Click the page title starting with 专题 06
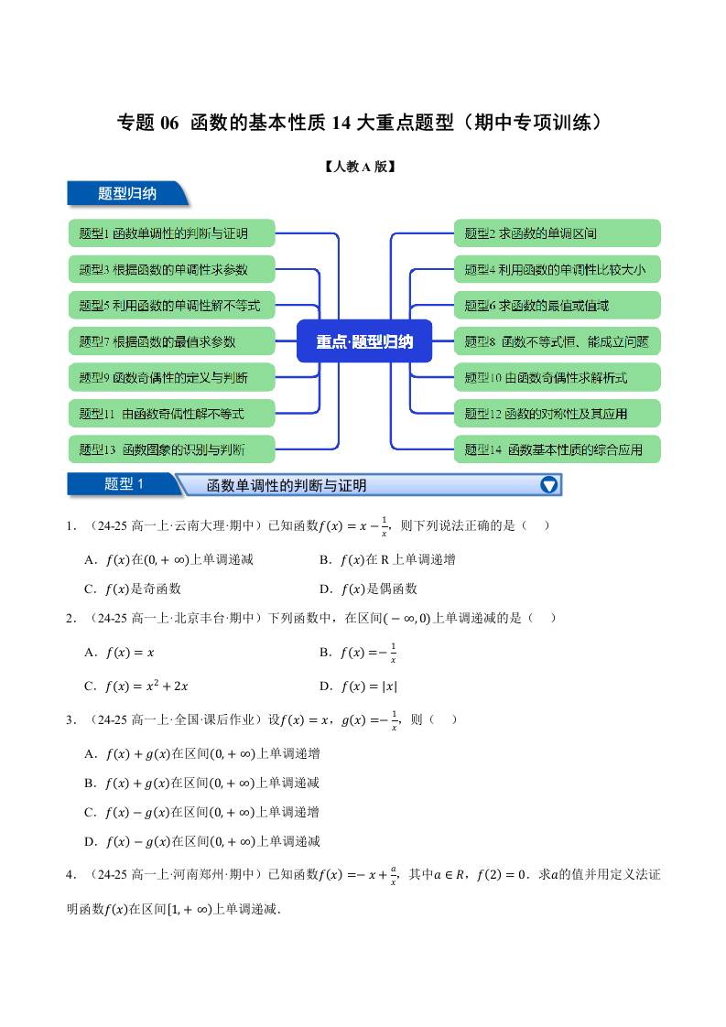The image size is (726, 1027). coord(363,123)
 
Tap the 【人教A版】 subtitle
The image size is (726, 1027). coord(363,167)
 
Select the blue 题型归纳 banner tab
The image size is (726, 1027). coord(127,193)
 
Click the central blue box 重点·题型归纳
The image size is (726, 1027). coord(364,341)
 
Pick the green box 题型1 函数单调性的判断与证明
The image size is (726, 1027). coord(171,233)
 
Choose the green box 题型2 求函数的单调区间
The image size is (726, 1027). coord(557,233)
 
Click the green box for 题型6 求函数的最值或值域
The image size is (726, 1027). coord(557,306)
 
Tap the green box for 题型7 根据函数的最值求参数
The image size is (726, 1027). coord(171,341)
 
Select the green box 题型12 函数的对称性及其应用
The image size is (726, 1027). coord(557,414)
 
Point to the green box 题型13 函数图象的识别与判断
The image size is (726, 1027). coord(171,449)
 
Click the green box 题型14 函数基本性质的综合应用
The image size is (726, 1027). coord(557,449)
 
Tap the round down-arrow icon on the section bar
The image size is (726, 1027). coord(548,485)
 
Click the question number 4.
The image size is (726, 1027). coord(70,874)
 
